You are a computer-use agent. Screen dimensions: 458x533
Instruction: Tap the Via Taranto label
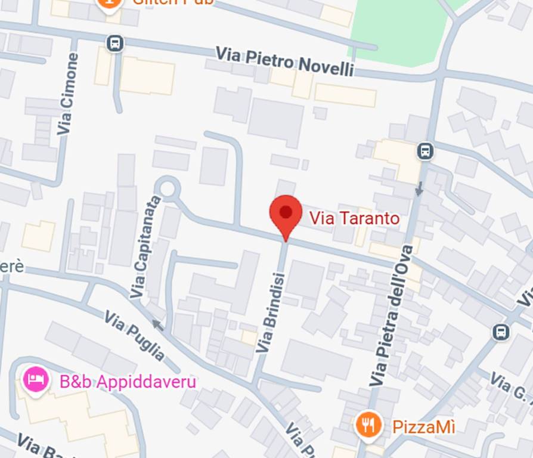tap(354, 218)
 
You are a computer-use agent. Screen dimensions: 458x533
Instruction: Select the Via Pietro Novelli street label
tap(284, 61)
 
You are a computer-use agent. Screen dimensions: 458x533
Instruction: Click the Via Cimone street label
tap(68, 94)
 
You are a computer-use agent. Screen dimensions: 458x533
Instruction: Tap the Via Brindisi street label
tap(271, 312)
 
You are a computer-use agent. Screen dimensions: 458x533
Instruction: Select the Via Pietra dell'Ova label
tap(391, 315)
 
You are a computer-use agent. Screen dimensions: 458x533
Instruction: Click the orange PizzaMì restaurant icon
tap(368, 425)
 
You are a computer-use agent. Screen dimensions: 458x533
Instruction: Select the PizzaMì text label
tap(423, 427)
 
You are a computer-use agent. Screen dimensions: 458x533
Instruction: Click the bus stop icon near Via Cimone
tap(115, 43)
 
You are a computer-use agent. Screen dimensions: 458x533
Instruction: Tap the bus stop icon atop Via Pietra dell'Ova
tap(425, 151)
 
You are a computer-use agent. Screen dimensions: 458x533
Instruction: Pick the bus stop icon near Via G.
tap(501, 332)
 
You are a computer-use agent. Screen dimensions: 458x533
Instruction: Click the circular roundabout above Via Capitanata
tap(168, 188)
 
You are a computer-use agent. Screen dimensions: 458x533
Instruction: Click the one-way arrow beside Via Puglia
tap(157, 325)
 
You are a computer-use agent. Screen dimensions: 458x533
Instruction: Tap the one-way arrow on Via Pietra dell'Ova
tap(419, 188)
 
